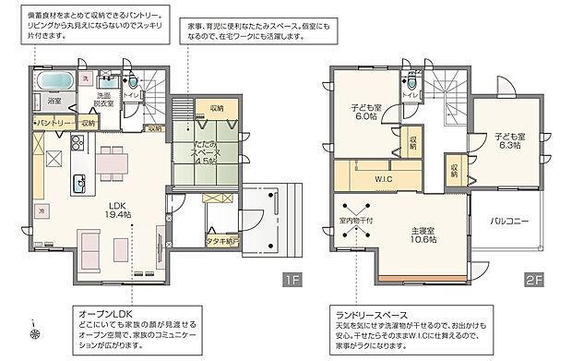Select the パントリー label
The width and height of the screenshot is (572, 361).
tap(54, 122)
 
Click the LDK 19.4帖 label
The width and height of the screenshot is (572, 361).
tap(116, 210)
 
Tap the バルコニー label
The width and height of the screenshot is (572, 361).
tap(510, 221)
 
